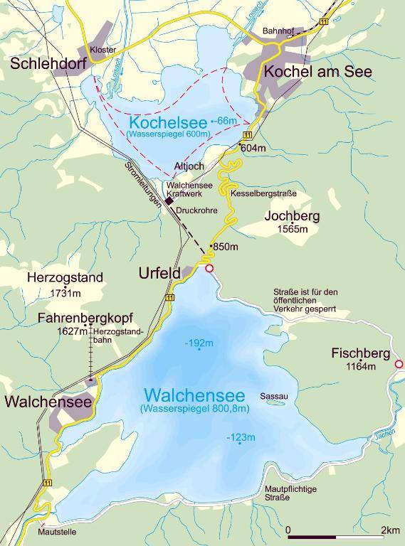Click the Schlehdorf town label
point(48,65)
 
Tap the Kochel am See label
point(318,72)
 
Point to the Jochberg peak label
point(292,215)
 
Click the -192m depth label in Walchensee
point(199,343)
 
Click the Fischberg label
point(360,353)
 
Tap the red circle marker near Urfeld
point(209,269)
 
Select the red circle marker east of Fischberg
point(399,364)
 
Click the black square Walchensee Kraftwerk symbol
point(169,202)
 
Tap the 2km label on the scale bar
point(389,530)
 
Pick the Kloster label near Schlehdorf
point(102,49)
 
